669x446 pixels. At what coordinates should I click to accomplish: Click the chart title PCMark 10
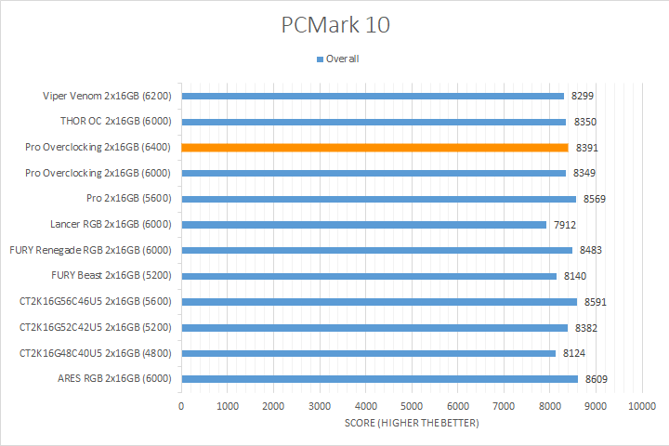(x=335, y=24)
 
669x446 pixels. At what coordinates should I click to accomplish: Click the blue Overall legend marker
(x=320, y=59)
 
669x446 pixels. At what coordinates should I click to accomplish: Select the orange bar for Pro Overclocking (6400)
(x=374, y=147)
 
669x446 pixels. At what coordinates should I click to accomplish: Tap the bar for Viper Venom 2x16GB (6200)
(x=373, y=96)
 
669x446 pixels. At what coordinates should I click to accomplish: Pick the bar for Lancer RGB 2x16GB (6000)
(x=363, y=224)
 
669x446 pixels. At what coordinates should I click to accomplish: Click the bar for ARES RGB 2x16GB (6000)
(x=379, y=379)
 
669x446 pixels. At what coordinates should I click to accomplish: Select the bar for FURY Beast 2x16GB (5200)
(x=369, y=276)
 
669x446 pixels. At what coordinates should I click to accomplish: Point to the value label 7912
(x=565, y=224)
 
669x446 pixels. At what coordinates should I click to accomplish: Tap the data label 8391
(x=587, y=147)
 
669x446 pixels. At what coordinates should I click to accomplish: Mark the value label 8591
(x=596, y=302)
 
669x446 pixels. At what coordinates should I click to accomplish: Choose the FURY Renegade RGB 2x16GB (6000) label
(x=93, y=250)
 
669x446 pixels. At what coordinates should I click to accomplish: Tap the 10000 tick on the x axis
(x=641, y=407)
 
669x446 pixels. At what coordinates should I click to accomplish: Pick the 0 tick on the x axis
(x=181, y=407)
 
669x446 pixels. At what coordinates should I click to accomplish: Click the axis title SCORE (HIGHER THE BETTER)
(x=411, y=424)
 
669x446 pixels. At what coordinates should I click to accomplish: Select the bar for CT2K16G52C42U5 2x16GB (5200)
(x=374, y=327)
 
